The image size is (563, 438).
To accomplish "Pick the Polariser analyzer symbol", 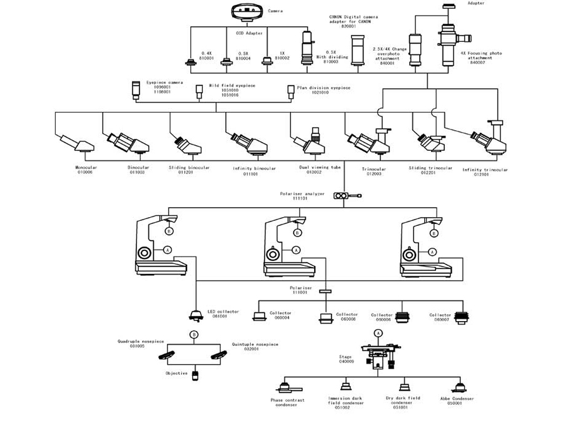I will pyautogui.click(x=345, y=196).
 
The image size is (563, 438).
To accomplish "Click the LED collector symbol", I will pyautogui.click(x=195, y=314).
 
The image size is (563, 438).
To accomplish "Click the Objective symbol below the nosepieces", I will pyautogui.click(x=195, y=375).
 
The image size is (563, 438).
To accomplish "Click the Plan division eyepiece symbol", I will pyautogui.click(x=291, y=91).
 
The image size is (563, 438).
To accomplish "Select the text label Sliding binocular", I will pyautogui.click(x=189, y=168).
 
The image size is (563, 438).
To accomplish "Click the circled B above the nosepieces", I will pyautogui.click(x=195, y=335).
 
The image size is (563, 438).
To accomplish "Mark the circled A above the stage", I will pyautogui.click(x=378, y=334).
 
